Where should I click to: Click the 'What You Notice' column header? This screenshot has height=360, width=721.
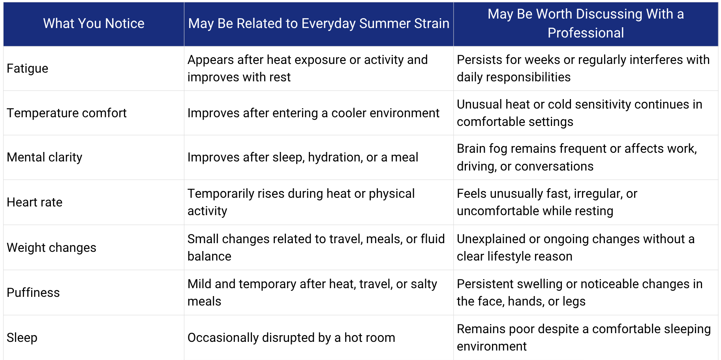tap(94, 24)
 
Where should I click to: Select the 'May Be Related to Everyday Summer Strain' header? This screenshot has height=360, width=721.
tap(319, 24)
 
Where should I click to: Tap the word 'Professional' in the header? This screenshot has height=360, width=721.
tap(586, 33)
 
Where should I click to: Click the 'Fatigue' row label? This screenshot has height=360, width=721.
tap(27, 69)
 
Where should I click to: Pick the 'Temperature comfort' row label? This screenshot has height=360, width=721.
tap(67, 113)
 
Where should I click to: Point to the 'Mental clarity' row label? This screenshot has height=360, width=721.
tap(45, 157)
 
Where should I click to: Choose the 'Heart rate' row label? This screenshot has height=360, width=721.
tap(35, 202)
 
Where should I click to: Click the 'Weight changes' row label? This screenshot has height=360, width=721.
tap(51, 248)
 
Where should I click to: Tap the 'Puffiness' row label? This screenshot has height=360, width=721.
tap(33, 293)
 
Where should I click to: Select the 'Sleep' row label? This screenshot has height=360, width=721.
tap(22, 338)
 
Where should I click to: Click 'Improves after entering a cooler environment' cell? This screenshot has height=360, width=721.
tap(314, 113)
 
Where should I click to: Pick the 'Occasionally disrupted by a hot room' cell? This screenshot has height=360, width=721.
tap(291, 338)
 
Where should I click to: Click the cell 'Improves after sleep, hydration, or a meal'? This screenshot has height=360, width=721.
tap(303, 157)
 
